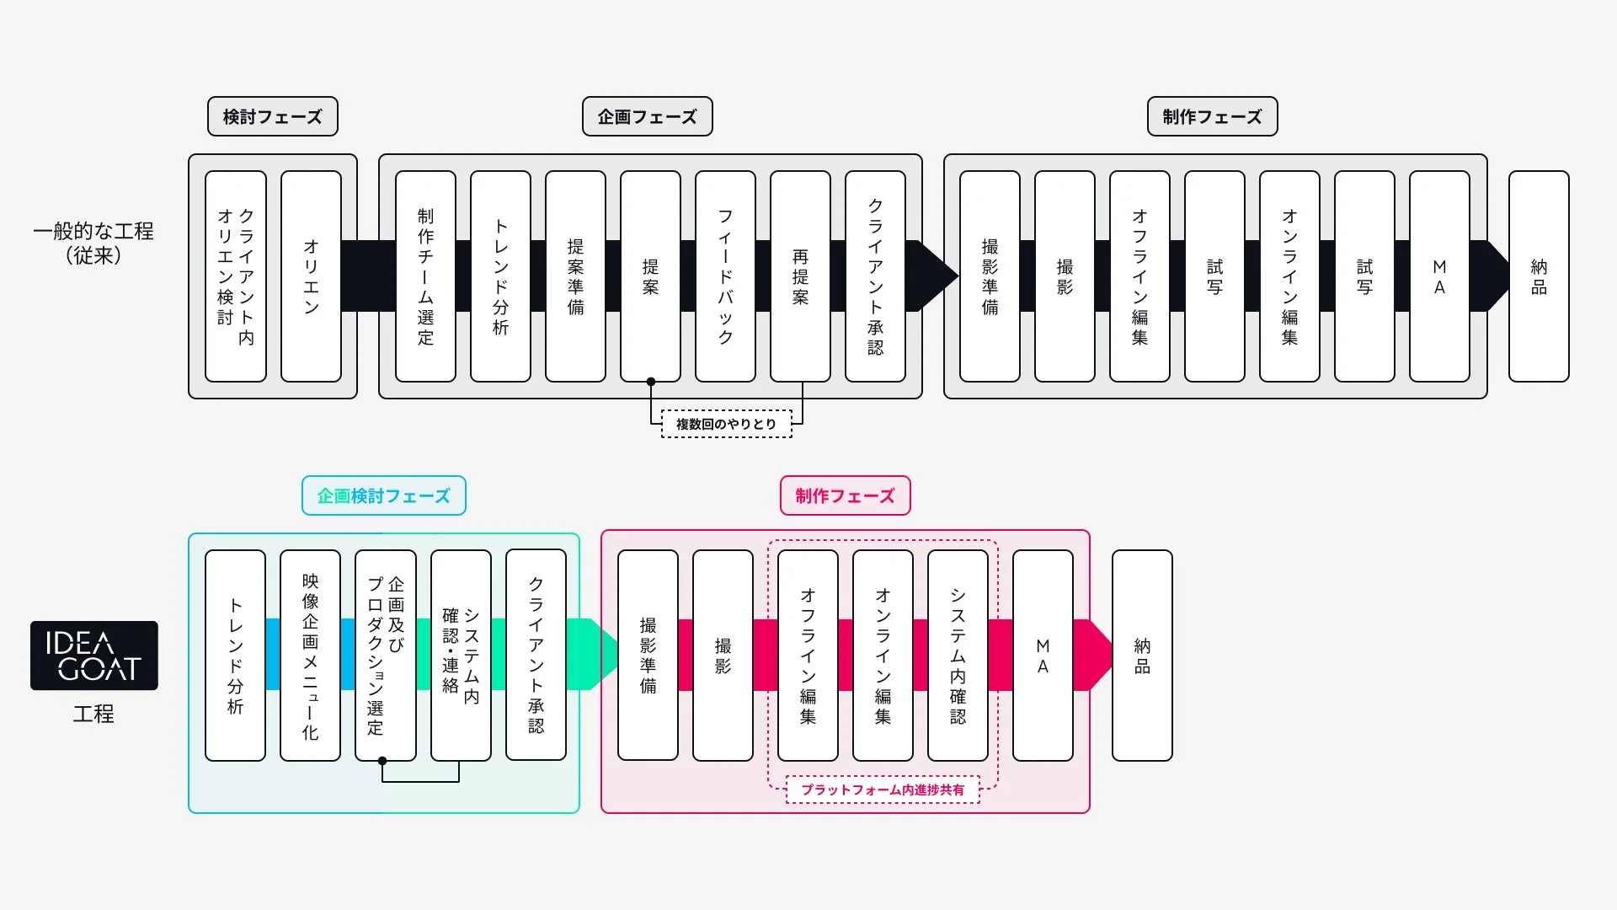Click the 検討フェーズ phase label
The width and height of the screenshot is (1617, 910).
pyautogui.click(x=272, y=116)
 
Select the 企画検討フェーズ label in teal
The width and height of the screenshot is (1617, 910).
pyautogui.click(x=383, y=495)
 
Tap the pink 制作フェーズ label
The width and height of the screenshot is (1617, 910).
pyautogui.click(x=845, y=495)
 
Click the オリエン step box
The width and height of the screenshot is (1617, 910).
pyautogui.click(x=311, y=276)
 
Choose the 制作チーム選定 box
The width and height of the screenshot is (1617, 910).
pyautogui.click(x=425, y=276)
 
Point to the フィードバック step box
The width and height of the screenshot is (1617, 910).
pyautogui.click(x=725, y=276)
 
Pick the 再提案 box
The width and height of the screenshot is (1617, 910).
pyautogui.click(x=800, y=276)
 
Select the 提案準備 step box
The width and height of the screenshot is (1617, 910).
pyautogui.click(x=575, y=276)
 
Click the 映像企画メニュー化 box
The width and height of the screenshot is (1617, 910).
pyautogui.click(x=310, y=656)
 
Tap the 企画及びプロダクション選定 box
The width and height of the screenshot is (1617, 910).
pyautogui.click(x=385, y=656)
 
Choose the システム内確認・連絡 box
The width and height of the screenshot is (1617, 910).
pyautogui.click(x=461, y=656)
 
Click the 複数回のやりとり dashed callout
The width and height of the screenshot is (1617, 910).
pyautogui.click(x=726, y=424)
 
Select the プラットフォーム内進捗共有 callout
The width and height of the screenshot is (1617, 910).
pyautogui.click(x=883, y=790)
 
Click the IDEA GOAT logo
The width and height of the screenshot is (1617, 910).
pyautogui.click(x=94, y=656)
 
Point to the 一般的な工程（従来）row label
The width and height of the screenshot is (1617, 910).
pyautogui.click(x=93, y=243)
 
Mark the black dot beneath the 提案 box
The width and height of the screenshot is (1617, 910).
pyautogui.click(x=651, y=382)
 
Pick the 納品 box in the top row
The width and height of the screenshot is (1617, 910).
pyautogui.click(x=1539, y=276)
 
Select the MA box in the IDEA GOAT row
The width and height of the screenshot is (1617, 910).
pyautogui.click(x=1043, y=656)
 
